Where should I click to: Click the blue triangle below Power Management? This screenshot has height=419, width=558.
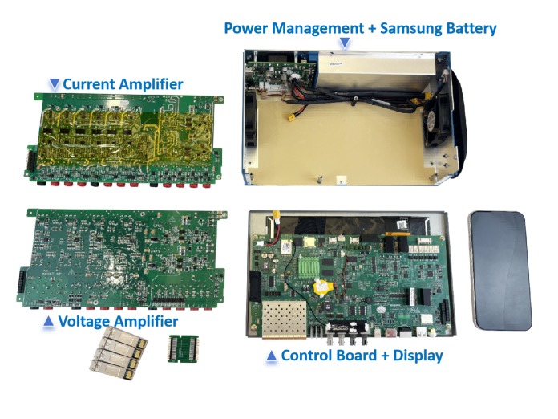click(x=344, y=43)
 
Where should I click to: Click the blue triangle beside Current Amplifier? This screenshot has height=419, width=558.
click(x=54, y=84)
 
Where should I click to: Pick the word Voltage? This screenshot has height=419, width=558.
click(x=84, y=322)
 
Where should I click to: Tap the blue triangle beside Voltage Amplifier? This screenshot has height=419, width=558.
click(x=48, y=321)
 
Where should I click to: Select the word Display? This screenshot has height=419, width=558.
click(x=418, y=356)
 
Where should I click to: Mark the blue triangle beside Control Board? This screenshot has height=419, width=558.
click(x=272, y=356)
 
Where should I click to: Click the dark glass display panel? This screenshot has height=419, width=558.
click(x=499, y=271)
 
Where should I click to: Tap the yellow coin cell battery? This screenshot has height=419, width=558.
click(x=323, y=287)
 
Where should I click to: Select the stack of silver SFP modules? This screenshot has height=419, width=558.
click(x=119, y=353)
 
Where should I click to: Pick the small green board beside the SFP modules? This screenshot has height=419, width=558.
click(x=183, y=348)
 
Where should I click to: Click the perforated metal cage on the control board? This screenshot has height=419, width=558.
click(x=284, y=319)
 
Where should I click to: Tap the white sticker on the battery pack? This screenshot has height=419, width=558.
click(x=335, y=63)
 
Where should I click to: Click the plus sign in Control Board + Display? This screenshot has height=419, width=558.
click(x=385, y=356)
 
